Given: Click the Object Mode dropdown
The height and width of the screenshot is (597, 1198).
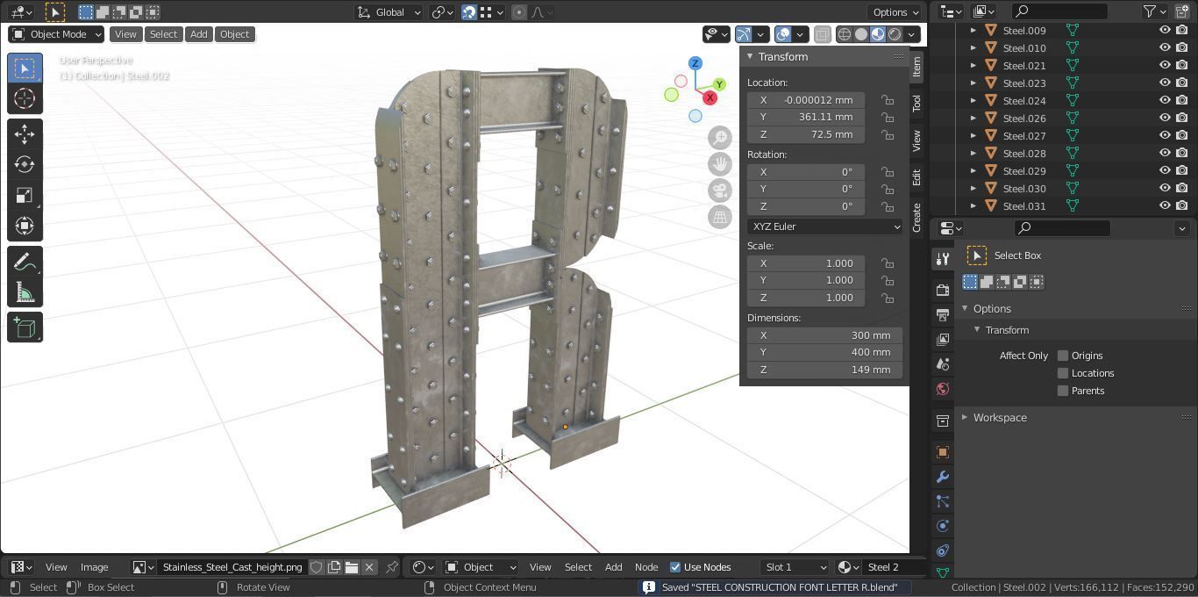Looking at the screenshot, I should click(56, 34).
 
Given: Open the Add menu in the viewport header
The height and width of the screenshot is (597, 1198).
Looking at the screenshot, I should click(199, 34).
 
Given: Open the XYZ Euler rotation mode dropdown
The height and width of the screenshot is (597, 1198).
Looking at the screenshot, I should click(824, 227).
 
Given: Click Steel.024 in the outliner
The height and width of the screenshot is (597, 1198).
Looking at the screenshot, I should click(1023, 100).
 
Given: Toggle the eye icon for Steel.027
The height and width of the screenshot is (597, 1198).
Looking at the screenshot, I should click(1165, 135).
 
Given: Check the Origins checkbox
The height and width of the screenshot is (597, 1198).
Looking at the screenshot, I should click(1063, 356).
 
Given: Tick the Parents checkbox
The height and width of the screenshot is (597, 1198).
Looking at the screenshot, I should click(1063, 391).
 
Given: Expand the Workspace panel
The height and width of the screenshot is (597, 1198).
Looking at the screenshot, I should click(999, 418).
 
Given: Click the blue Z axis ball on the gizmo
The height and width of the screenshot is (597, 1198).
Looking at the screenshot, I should click(695, 63).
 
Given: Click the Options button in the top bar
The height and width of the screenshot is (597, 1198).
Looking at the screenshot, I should click(895, 12).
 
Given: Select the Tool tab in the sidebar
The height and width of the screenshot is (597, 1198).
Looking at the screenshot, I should click(916, 103).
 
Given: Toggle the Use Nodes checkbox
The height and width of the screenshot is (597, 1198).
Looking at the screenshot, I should click(675, 567).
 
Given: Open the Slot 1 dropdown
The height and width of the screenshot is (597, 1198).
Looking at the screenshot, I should click(794, 567).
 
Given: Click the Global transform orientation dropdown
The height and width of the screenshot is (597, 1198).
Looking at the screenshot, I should click(389, 12).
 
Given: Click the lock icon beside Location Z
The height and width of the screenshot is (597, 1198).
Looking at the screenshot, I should click(888, 134).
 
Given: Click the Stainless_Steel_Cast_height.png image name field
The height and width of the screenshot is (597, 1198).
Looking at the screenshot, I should click(232, 567).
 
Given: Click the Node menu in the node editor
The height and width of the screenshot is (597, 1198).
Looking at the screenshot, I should click(646, 567).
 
